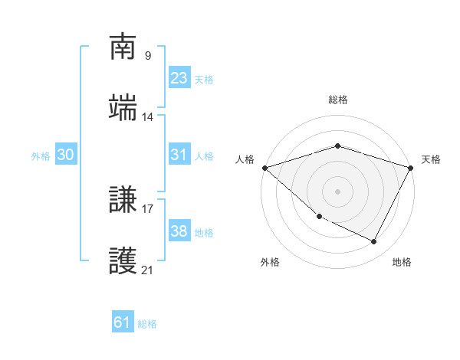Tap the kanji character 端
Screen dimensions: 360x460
[x=123, y=109]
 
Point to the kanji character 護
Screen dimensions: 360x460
[x=123, y=262]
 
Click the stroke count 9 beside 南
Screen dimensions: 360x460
[x=147, y=55]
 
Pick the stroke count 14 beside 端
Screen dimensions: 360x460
[x=147, y=116]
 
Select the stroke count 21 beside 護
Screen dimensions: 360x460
[x=147, y=270]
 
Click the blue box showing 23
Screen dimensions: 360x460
[x=179, y=78]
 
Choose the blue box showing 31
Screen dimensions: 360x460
[x=179, y=155]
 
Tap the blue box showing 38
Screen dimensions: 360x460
[x=179, y=231]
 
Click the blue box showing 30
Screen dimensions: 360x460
[x=66, y=155]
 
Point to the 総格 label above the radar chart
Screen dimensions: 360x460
[x=338, y=100]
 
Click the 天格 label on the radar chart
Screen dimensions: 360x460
[x=432, y=159]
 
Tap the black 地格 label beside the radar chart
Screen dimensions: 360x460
[x=402, y=262]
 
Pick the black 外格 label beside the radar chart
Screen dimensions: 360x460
[x=270, y=262]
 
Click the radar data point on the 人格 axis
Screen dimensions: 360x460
[x=264, y=168]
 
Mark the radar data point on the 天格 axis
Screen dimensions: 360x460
[x=411, y=168]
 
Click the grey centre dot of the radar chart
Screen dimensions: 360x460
[x=338, y=191]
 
